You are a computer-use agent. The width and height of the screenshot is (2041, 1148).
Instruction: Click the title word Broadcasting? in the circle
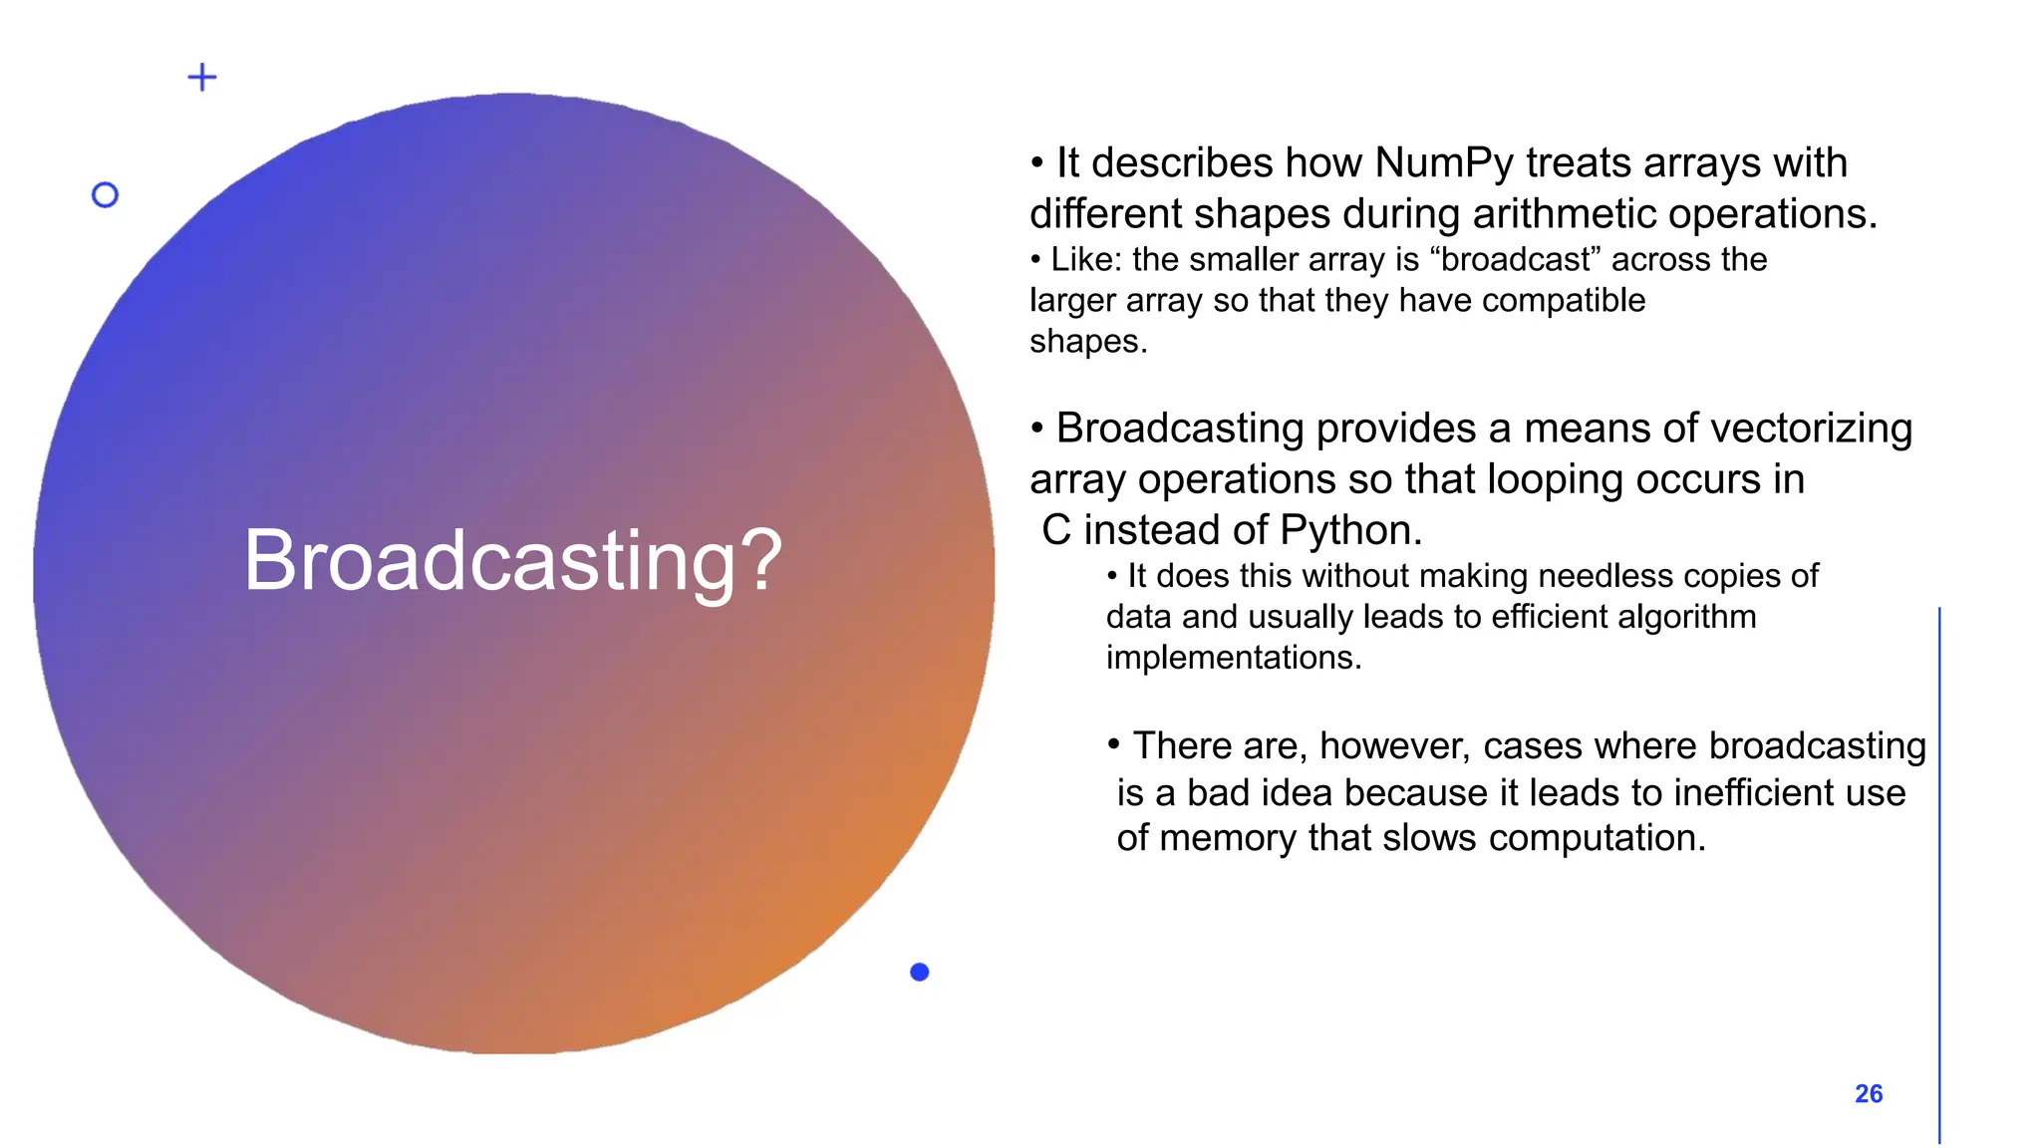[512, 561]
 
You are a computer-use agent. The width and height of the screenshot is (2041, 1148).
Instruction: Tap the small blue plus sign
[202, 78]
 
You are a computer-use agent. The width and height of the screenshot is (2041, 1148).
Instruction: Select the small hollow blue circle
[105, 195]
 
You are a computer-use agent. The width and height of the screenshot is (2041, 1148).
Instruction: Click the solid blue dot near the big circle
[919, 972]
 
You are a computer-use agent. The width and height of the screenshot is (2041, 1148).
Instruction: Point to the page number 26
[1868, 1094]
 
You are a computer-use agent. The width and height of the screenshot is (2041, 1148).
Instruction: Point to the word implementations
[1233, 659]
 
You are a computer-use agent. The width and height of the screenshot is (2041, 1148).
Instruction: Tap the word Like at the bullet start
[1084, 260]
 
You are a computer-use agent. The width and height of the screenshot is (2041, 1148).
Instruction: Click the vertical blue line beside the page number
[1939, 877]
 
